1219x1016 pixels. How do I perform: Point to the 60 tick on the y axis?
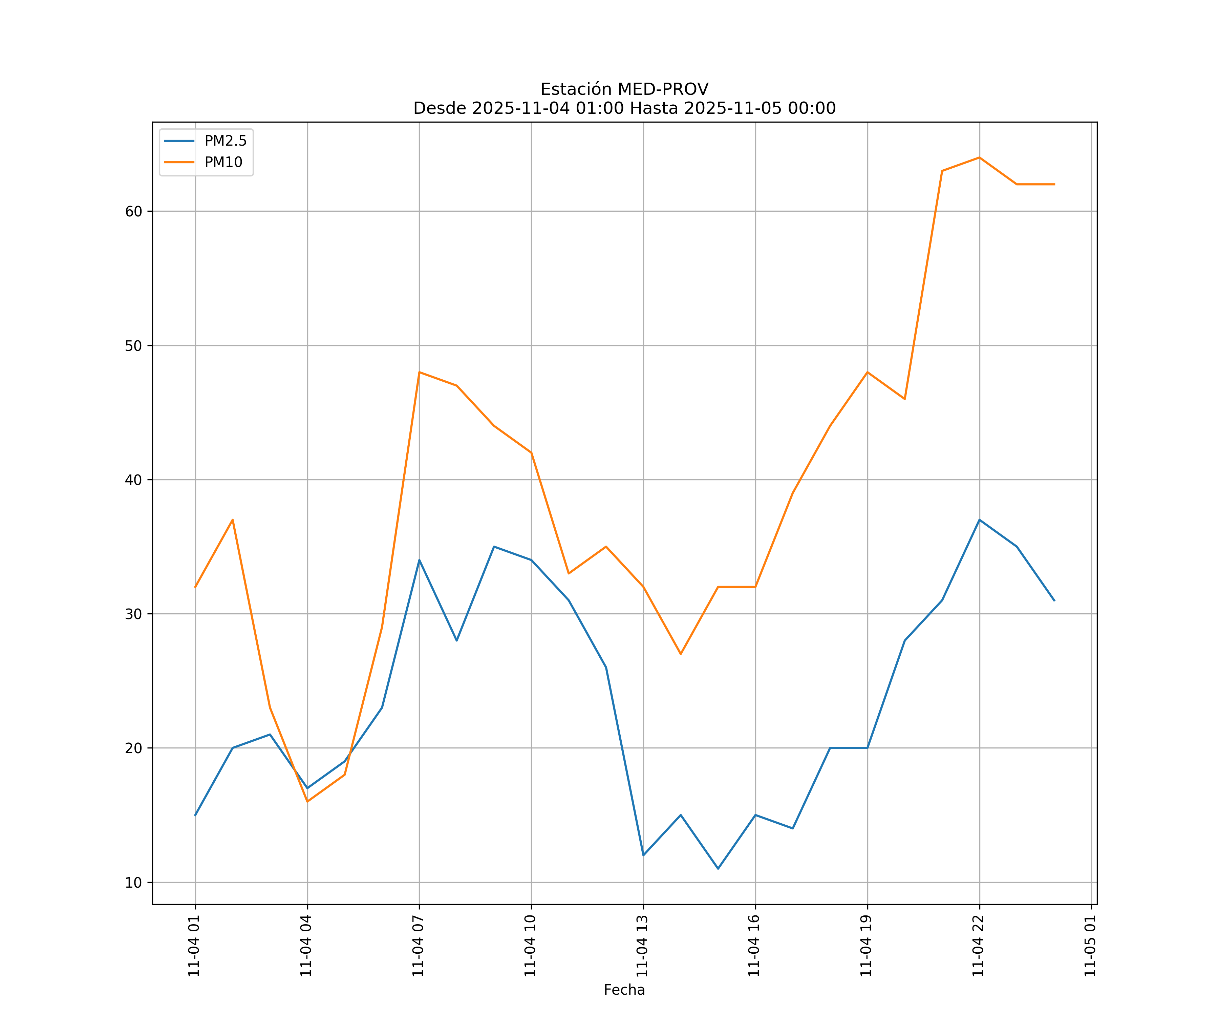(x=133, y=211)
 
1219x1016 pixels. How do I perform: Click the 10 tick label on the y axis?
(x=133, y=883)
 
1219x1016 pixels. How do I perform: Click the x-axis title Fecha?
(x=624, y=990)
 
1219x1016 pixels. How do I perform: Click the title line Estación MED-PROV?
(x=624, y=89)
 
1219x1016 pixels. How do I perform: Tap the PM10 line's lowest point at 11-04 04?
(x=307, y=802)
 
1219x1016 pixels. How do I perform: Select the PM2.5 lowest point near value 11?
(x=718, y=869)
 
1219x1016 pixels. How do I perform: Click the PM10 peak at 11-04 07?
(x=419, y=372)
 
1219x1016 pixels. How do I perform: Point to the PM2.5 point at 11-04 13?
(x=643, y=855)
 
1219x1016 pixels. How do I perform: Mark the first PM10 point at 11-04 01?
(x=195, y=587)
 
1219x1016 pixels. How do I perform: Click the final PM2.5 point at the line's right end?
(x=1054, y=600)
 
